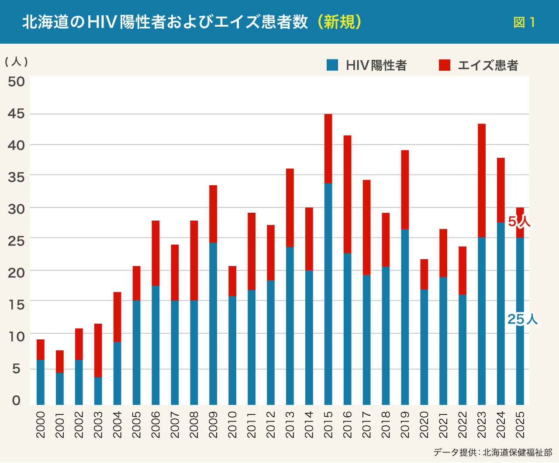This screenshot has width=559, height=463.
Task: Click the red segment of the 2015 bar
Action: (328, 149)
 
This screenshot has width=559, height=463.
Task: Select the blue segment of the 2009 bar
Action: (213, 323)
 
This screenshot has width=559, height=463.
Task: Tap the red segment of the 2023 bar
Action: (482, 180)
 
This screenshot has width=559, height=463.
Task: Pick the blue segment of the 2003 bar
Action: (98, 390)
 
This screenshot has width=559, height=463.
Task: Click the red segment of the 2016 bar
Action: (347, 194)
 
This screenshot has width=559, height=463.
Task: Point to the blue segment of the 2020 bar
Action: (424, 347)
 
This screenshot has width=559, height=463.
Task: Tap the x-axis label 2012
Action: (271, 424)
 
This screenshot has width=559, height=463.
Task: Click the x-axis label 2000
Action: (41, 424)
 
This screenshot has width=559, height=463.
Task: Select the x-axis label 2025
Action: (520, 424)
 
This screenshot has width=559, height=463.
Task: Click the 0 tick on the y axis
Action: (16, 400)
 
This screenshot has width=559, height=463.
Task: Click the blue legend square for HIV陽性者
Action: (332, 65)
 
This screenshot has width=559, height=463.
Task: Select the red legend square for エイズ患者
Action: (445, 65)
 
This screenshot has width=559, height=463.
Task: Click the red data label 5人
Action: (519, 222)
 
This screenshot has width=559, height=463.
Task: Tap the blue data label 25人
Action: (522, 320)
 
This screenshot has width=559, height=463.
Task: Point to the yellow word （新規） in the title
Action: (339, 22)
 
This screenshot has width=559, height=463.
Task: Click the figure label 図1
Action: (524, 22)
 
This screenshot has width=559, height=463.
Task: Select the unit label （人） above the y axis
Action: (16, 62)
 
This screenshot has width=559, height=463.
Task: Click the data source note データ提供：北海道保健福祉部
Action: (493, 452)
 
